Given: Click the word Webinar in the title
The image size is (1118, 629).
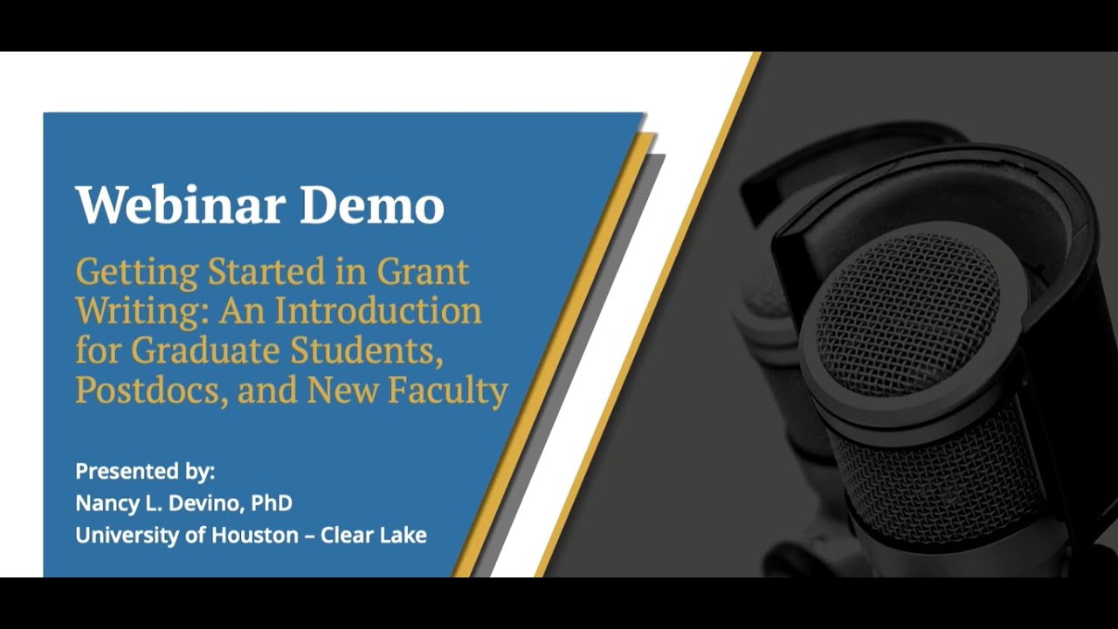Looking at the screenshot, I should pyautogui.click(x=180, y=205).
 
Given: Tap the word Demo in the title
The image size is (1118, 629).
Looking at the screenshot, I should pyautogui.click(x=372, y=205).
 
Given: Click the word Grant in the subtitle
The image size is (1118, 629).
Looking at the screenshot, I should pyautogui.click(x=423, y=272).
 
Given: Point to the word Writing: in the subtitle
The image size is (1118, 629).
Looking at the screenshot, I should pyautogui.click(x=139, y=311).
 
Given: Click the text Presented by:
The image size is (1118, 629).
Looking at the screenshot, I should pyautogui.click(x=145, y=472).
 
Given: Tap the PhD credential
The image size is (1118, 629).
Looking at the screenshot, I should pyautogui.click(x=272, y=503).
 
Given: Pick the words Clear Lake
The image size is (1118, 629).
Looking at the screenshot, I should pyautogui.click(x=374, y=535).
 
